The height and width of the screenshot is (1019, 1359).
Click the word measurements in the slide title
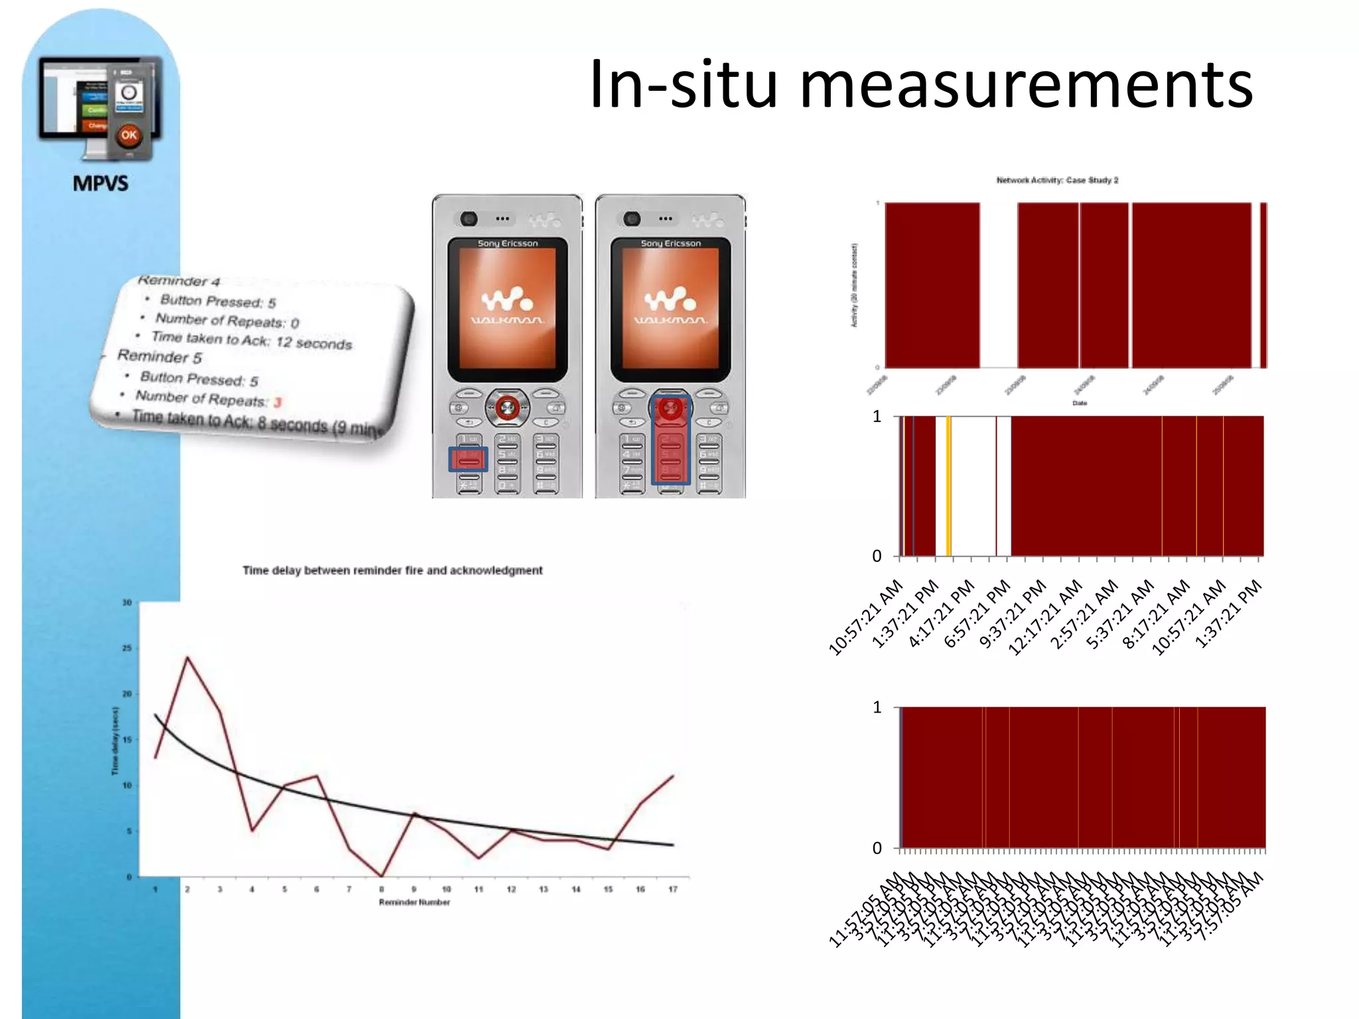(1026, 85)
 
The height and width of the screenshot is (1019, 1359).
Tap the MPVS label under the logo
(100, 183)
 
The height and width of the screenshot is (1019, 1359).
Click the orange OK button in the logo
(129, 135)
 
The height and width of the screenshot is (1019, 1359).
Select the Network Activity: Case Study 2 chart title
(1057, 180)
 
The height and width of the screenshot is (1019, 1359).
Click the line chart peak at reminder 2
(188, 657)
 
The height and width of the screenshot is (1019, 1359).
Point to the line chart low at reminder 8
(382, 876)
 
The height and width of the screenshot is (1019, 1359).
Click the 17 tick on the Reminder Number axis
(673, 890)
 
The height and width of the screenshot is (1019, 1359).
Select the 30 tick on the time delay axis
(127, 602)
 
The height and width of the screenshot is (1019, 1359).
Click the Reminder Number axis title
(414, 902)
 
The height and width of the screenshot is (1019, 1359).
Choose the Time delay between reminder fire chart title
(392, 571)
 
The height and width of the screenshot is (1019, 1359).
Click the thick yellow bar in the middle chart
(948, 486)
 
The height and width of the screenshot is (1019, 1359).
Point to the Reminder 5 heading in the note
(159, 356)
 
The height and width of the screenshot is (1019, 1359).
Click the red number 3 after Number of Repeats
(277, 402)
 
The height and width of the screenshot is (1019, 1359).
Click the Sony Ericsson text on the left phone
(508, 243)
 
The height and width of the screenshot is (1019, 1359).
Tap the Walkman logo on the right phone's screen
(670, 305)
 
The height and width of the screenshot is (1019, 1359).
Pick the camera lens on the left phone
(470, 218)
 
